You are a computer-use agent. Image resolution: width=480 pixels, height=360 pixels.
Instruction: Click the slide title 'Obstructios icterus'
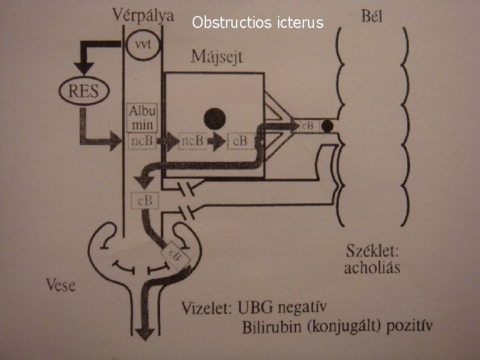click(x=257, y=23)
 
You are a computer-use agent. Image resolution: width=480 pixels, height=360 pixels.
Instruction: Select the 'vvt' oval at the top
click(x=142, y=45)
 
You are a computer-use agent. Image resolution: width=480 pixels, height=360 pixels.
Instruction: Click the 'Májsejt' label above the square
click(x=217, y=56)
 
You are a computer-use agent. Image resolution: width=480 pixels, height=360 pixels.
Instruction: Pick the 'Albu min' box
click(x=141, y=117)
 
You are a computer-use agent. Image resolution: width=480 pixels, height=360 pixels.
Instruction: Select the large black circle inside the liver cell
click(x=215, y=119)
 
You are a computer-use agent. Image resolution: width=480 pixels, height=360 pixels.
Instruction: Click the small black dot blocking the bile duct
click(x=327, y=125)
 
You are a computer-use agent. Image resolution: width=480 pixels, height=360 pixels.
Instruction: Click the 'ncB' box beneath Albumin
click(x=141, y=141)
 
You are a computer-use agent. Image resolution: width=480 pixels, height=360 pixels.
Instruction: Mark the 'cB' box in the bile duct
click(x=308, y=125)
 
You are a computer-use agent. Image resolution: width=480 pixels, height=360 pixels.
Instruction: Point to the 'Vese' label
click(x=61, y=287)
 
